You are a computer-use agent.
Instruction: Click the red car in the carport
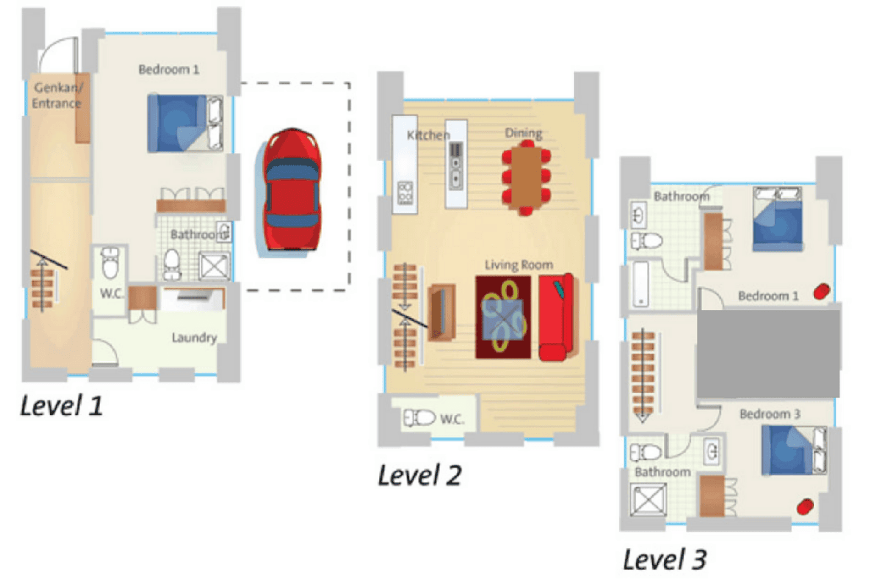tap(292, 189)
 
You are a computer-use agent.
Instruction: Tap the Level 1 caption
tap(61, 405)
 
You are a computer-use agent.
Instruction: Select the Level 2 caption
tap(419, 475)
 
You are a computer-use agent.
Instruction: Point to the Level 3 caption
tap(664, 559)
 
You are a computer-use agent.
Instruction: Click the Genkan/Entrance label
tap(57, 95)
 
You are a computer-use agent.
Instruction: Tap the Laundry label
tap(194, 338)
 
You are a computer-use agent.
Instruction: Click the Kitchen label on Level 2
tap(428, 135)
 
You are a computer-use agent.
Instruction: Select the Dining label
tap(524, 133)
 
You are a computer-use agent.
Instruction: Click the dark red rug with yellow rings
tap(503, 317)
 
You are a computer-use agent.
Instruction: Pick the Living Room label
tap(519, 265)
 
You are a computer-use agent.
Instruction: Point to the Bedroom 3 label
tap(769, 414)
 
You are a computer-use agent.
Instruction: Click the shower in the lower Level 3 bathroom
tap(648, 500)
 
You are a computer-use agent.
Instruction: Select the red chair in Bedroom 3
tap(805, 507)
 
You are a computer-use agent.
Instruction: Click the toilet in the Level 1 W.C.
tap(110, 263)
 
